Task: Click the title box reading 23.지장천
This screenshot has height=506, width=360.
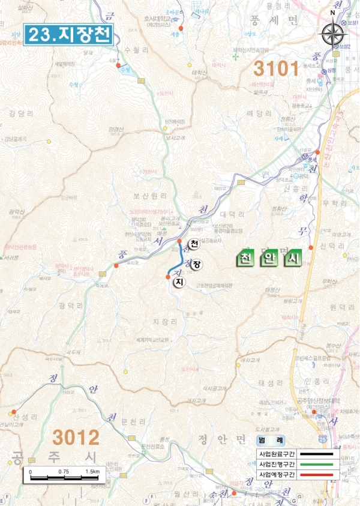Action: (69, 34)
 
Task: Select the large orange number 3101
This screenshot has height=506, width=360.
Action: (275, 67)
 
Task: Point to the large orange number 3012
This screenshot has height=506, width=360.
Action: (76, 436)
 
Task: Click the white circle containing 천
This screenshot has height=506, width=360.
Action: (193, 244)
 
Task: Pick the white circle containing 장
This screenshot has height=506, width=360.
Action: (197, 264)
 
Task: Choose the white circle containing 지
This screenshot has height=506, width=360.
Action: (178, 282)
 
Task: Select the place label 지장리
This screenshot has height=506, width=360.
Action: (165, 322)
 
